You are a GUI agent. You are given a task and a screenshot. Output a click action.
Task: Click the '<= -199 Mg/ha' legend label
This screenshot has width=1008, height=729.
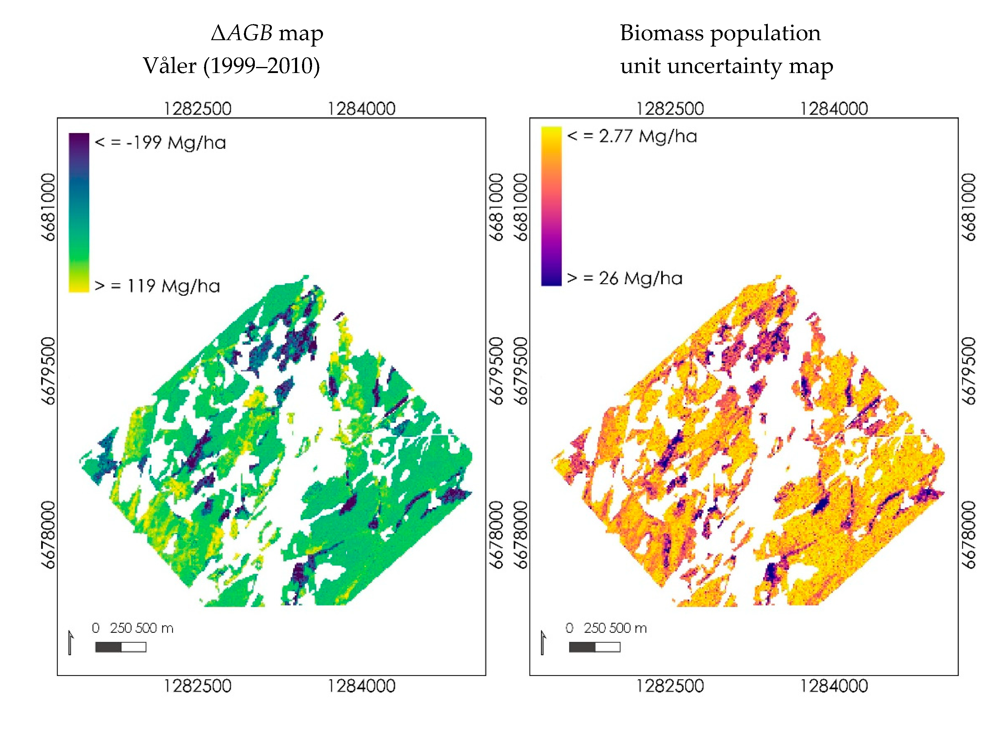(160, 143)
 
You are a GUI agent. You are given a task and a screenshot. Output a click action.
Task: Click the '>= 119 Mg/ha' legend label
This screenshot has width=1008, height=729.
(157, 286)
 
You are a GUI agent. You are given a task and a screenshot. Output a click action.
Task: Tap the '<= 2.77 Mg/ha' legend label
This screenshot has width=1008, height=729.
(632, 136)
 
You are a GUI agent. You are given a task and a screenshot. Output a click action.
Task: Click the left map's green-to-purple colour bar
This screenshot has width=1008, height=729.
(79, 212)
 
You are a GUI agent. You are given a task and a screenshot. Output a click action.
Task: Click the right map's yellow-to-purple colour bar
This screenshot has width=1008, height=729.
(551, 206)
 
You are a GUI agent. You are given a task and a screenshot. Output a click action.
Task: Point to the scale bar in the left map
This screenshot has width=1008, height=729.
(121, 647)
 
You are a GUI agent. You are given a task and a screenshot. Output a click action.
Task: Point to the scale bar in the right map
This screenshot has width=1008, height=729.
(594, 647)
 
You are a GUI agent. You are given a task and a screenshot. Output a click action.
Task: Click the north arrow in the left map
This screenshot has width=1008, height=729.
(70, 643)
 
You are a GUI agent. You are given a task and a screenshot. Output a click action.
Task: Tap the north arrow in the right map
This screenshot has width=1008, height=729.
(543, 643)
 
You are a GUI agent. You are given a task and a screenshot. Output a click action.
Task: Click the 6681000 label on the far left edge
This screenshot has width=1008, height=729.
(48, 207)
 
